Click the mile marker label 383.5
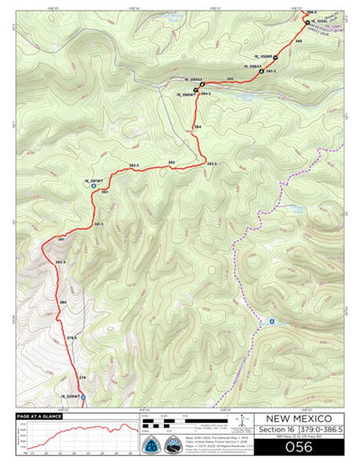pos(211,164)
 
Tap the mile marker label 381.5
pos(98,223)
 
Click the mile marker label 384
pos(197,128)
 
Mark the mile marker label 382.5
pos(133,168)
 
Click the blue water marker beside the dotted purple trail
pos(272,321)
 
